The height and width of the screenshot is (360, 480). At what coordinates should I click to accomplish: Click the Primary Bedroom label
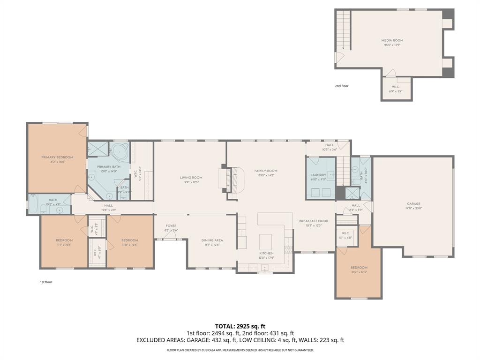pos(57,157)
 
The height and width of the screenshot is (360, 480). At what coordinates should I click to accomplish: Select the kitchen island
pos(266,240)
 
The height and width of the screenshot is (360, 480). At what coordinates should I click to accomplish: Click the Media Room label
pos(392,40)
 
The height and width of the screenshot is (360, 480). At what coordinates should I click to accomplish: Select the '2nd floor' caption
pos(342,86)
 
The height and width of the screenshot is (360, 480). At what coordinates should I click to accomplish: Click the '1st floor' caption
pos(46,282)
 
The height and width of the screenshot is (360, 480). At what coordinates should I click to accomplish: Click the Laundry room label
pos(318,175)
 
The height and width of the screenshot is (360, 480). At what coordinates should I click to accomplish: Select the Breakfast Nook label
pos(314,221)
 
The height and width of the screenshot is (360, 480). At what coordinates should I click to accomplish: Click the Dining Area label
pos(212,240)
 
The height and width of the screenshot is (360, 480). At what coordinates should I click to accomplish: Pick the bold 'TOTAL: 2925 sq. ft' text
pos(240,326)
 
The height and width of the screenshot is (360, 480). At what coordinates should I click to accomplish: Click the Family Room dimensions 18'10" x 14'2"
pos(266,176)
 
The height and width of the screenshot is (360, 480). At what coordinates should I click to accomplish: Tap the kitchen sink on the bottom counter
pos(265,269)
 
